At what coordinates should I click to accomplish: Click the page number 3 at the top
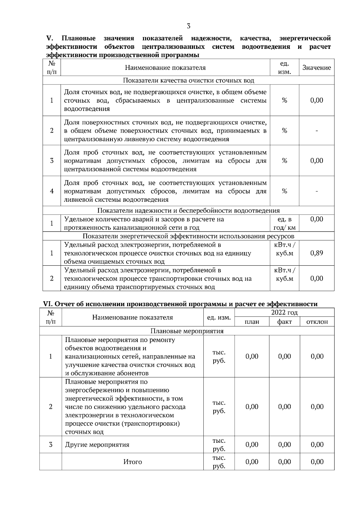pos(188,26)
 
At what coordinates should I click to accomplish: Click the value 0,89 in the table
pos(316,253)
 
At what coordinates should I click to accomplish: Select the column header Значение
pos(316,68)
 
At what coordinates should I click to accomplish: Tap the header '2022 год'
pos(284,313)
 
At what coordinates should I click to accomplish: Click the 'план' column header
pos(252,322)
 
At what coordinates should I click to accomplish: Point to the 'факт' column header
pos(284,322)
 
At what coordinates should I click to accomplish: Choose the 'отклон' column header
pos(317,322)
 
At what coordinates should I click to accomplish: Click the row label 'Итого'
pos(133,462)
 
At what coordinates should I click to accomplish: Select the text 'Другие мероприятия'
pos(97,445)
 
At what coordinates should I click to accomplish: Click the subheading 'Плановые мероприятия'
pos(187,331)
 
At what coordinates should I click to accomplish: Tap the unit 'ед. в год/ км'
pos(284,223)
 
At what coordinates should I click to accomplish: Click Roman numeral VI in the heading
pos(47,304)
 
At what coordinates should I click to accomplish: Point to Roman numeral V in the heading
pos(49,38)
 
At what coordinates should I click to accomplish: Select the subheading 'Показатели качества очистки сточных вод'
pos(188,80)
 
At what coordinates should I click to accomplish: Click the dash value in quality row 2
pos(316,131)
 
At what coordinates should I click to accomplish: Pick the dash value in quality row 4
pos(316,191)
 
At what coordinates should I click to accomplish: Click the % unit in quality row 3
pos(284,161)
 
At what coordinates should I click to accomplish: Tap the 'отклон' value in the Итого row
pos(317,462)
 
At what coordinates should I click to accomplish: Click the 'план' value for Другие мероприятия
pos(252,445)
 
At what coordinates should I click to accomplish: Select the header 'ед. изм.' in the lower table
pos(219,317)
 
